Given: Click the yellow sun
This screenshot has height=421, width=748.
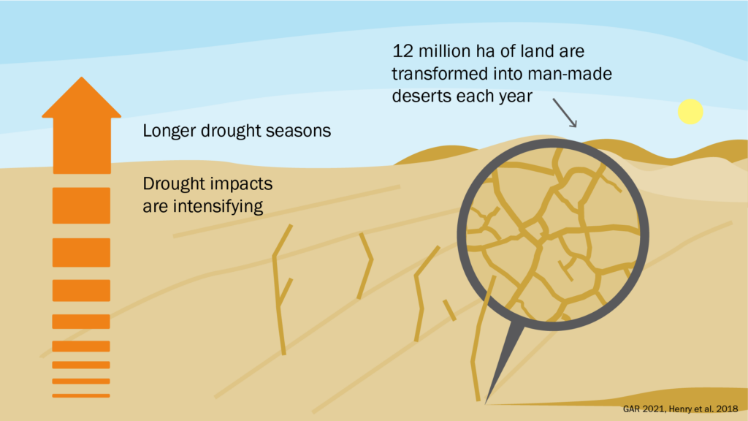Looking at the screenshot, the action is (x=690, y=112).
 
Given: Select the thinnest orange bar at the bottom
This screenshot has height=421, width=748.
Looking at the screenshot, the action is (x=81, y=395).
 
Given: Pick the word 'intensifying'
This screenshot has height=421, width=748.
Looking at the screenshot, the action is (x=218, y=206).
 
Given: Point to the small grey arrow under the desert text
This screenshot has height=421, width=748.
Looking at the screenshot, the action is (x=565, y=113).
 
